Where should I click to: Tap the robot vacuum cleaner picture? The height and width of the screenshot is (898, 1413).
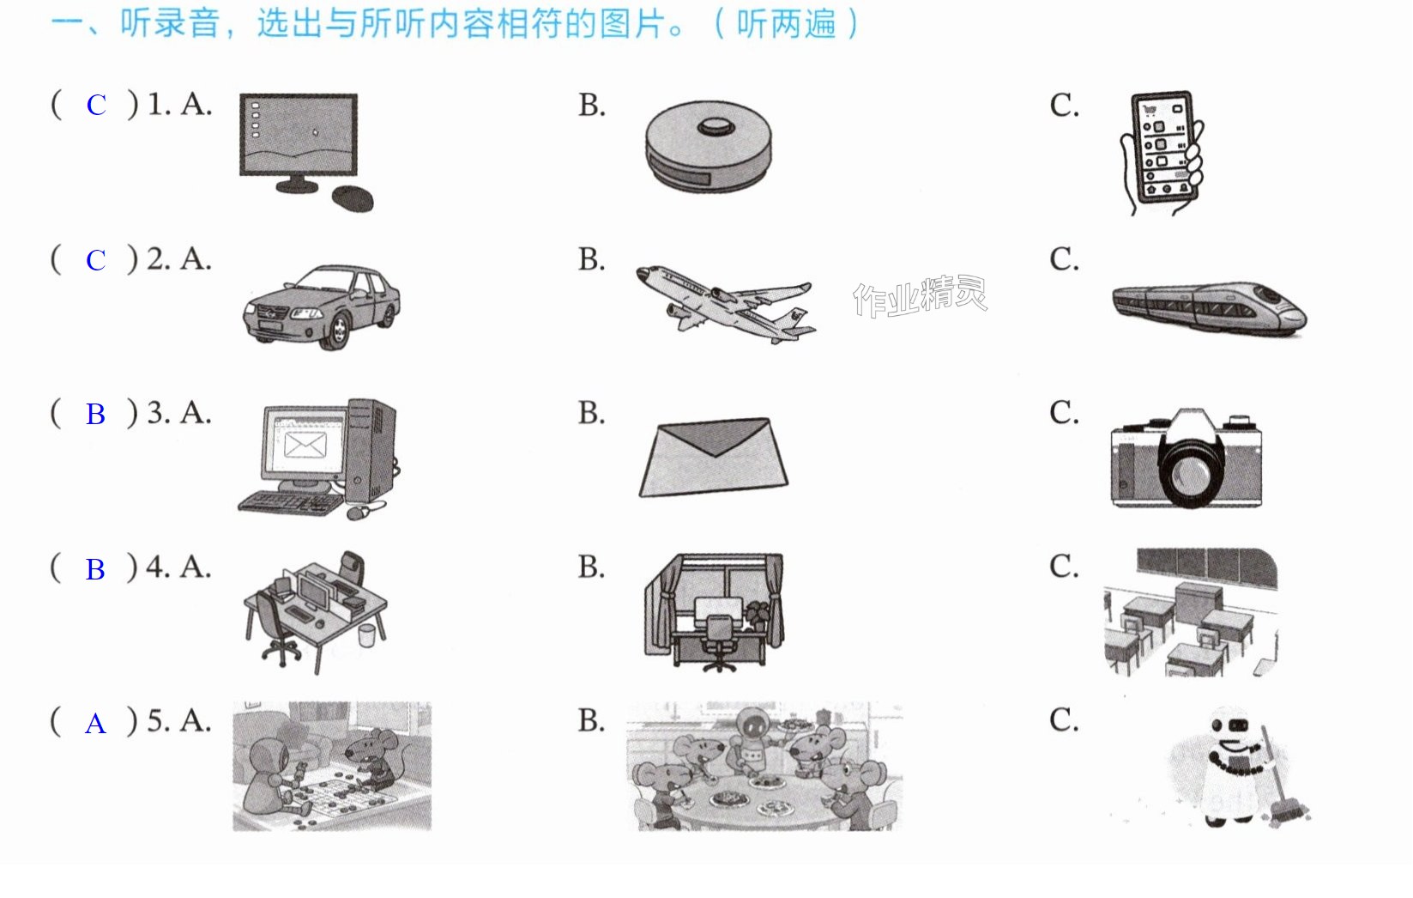[709, 147]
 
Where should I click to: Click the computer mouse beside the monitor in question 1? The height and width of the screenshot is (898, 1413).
[353, 198]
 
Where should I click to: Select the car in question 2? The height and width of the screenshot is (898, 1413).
[322, 307]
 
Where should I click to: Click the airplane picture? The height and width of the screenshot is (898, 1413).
[726, 304]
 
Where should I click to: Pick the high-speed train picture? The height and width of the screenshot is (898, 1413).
[1210, 309]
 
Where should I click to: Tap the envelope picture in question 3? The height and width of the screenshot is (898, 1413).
[714, 457]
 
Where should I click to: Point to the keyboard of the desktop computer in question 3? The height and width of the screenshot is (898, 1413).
[290, 502]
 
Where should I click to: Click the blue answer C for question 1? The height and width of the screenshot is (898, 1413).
[96, 106]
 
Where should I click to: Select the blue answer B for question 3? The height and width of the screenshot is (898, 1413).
[95, 415]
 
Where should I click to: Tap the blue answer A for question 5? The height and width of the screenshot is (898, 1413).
[95, 724]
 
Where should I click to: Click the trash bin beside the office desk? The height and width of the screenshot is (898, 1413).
[366, 635]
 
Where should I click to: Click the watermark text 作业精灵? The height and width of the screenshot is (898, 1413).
[920, 296]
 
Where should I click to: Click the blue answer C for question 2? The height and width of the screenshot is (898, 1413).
[96, 261]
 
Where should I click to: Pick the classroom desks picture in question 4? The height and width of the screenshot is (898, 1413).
[1191, 612]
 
